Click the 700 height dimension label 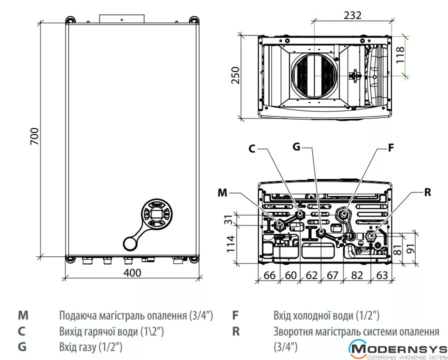[34, 136]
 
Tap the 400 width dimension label [132, 272]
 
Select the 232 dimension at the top [352, 15]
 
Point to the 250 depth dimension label [235, 75]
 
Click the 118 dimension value [400, 55]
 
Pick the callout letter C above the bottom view [251, 149]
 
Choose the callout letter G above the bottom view [296, 147]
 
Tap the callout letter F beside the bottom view [390, 147]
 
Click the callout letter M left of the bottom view [222, 192]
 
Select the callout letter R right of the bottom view [427, 192]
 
